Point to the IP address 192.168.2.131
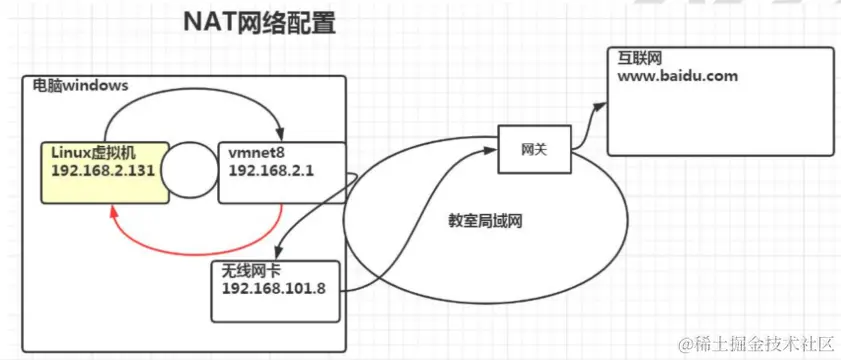102,168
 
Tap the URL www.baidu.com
678,76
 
